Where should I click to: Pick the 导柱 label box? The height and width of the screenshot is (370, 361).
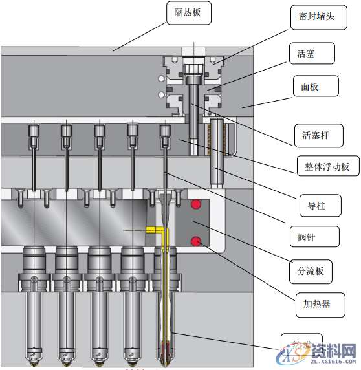pyautogui.click(x=312, y=207)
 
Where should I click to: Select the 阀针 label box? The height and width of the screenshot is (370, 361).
pyautogui.click(x=313, y=237)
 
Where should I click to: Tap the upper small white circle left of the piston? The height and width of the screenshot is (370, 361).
pyautogui.click(x=160, y=79)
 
